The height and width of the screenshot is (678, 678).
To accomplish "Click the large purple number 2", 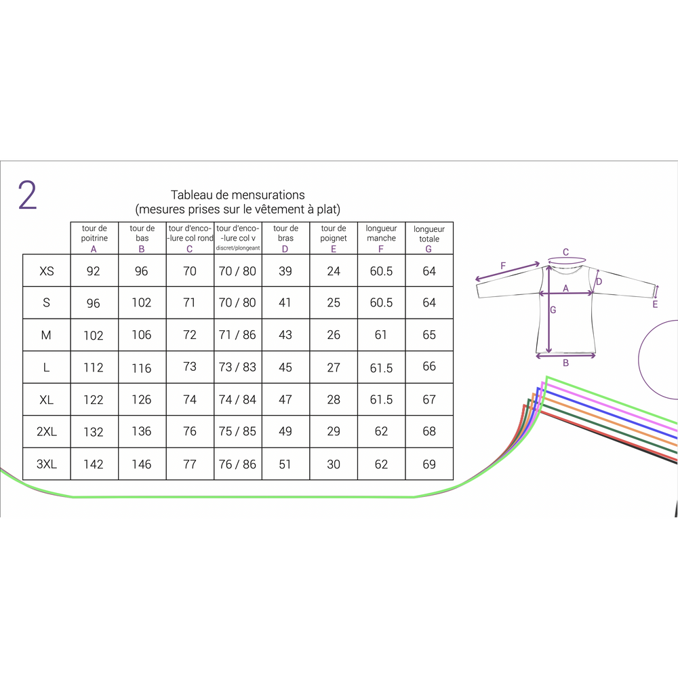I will click(x=27, y=195).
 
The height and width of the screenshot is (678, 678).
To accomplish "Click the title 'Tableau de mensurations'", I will click(x=237, y=195).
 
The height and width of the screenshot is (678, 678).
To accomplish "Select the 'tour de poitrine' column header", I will click(x=94, y=238).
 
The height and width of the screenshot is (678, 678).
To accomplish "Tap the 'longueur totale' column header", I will click(x=429, y=238).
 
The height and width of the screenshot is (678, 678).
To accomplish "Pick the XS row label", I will click(x=47, y=271).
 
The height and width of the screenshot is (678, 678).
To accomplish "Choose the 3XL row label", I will click(x=47, y=464).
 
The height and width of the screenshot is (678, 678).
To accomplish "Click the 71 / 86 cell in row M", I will click(x=237, y=335).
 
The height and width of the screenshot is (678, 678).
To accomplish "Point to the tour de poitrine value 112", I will click(x=94, y=367).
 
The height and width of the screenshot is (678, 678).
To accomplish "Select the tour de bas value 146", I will click(x=142, y=464).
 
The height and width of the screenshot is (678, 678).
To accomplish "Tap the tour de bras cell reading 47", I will click(x=285, y=399).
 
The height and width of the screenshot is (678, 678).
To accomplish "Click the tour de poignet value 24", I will click(x=334, y=271).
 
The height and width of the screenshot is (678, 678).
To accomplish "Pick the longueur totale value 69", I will click(x=429, y=464).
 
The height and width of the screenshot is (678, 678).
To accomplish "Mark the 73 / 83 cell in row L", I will click(x=237, y=367).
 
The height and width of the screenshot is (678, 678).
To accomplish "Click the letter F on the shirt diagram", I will click(x=503, y=266).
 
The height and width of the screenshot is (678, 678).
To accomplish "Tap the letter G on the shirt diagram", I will click(x=553, y=311).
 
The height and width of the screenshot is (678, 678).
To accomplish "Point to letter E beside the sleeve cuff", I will click(x=655, y=305).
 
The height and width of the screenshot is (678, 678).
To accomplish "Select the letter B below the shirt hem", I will click(x=565, y=363).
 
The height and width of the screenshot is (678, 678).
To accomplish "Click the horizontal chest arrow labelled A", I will click(x=566, y=293).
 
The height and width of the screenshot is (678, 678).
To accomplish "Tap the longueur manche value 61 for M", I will click(x=381, y=335).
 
